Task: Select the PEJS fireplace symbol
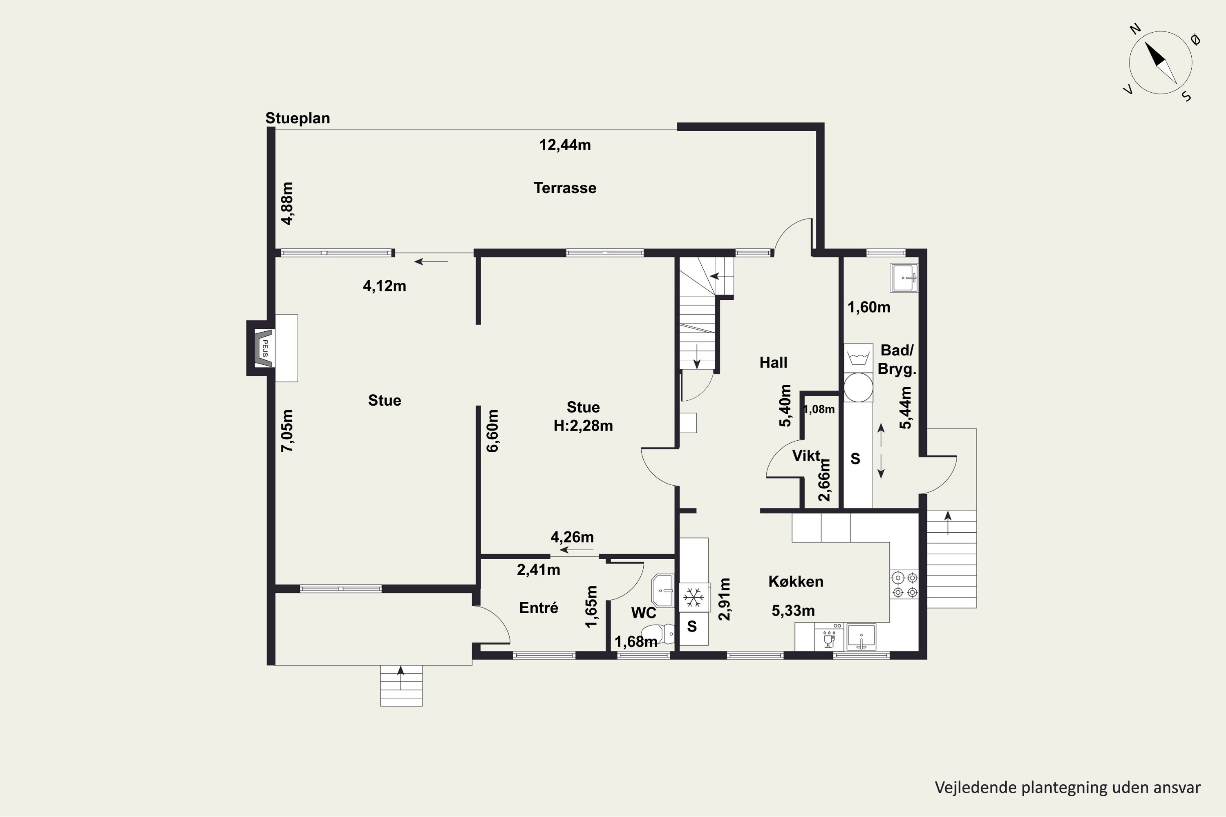click(x=264, y=348)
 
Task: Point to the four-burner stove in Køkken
click(x=904, y=585)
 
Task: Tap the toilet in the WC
click(x=658, y=634)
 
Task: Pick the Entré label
click(x=539, y=607)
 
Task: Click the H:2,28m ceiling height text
click(x=583, y=426)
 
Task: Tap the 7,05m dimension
click(x=287, y=431)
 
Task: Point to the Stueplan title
click(x=298, y=118)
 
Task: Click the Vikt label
click(x=806, y=456)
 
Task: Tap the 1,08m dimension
click(x=819, y=409)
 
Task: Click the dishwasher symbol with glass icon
click(x=829, y=637)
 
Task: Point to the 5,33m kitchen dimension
click(x=793, y=611)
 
